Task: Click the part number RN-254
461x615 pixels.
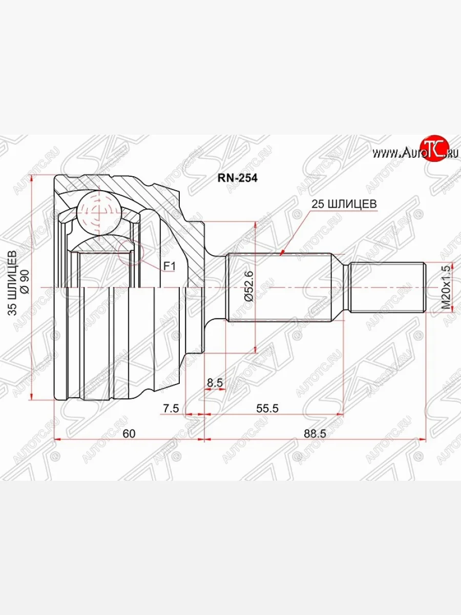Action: point(238,178)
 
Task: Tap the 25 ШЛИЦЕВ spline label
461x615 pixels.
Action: point(344,203)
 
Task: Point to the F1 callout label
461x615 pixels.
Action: point(169,266)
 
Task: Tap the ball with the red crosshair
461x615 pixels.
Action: point(98,211)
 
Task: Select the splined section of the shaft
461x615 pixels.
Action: point(277,287)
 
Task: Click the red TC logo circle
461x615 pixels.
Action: point(435,149)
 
